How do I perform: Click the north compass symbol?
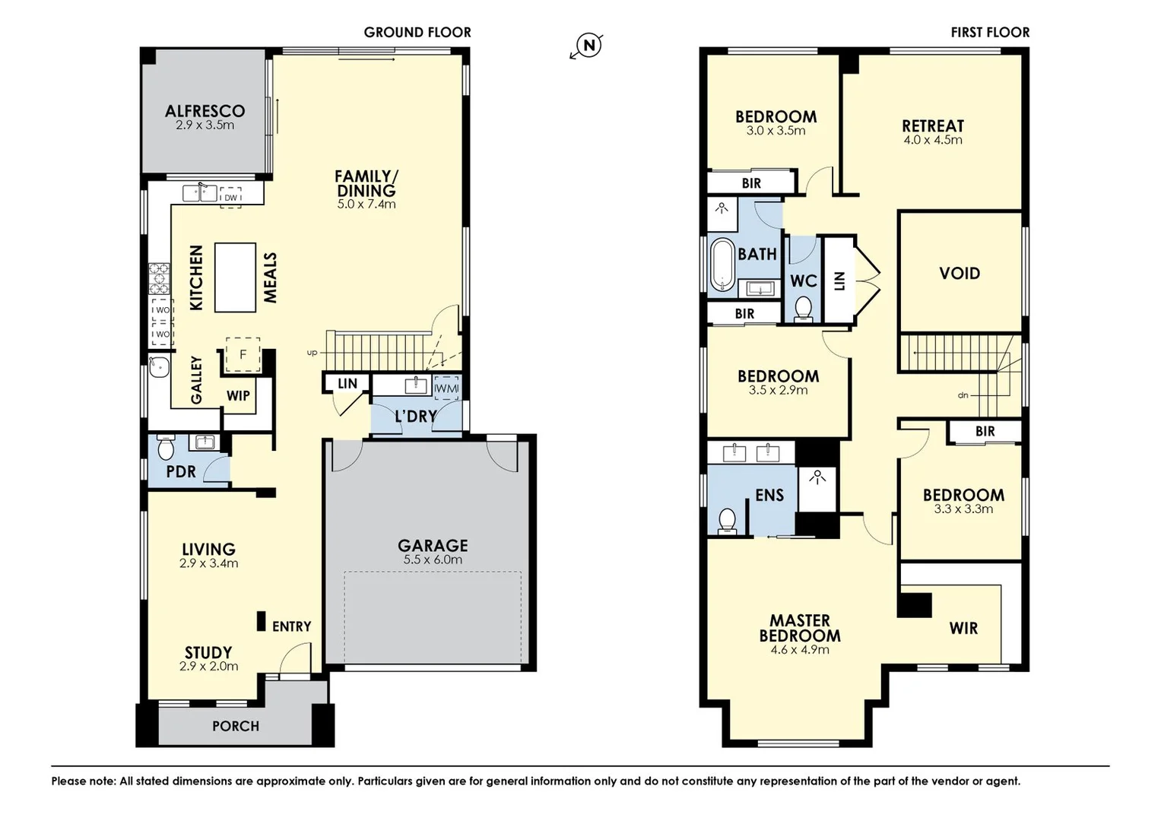click(x=588, y=46)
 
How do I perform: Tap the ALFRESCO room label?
click(x=205, y=111)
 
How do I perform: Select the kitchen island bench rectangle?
click(x=235, y=277)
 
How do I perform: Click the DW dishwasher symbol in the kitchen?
click(x=230, y=197)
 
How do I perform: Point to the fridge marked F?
click(x=243, y=355)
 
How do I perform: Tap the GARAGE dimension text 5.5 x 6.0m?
click(x=433, y=560)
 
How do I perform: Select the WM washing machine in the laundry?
click(x=446, y=388)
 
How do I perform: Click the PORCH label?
click(x=235, y=726)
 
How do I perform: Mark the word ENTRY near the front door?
click(x=291, y=626)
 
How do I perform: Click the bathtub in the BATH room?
click(x=722, y=265)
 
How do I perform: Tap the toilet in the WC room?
click(x=803, y=309)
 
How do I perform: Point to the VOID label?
click(x=960, y=274)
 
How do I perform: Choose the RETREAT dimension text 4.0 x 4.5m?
click(x=932, y=141)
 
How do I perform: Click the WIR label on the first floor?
click(x=963, y=629)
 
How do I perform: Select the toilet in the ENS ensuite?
click(x=728, y=521)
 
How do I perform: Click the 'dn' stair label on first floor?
click(x=963, y=395)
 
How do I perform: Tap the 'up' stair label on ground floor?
click(x=312, y=353)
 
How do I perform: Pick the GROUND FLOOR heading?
click(x=417, y=33)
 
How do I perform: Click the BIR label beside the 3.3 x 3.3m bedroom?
click(x=985, y=432)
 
